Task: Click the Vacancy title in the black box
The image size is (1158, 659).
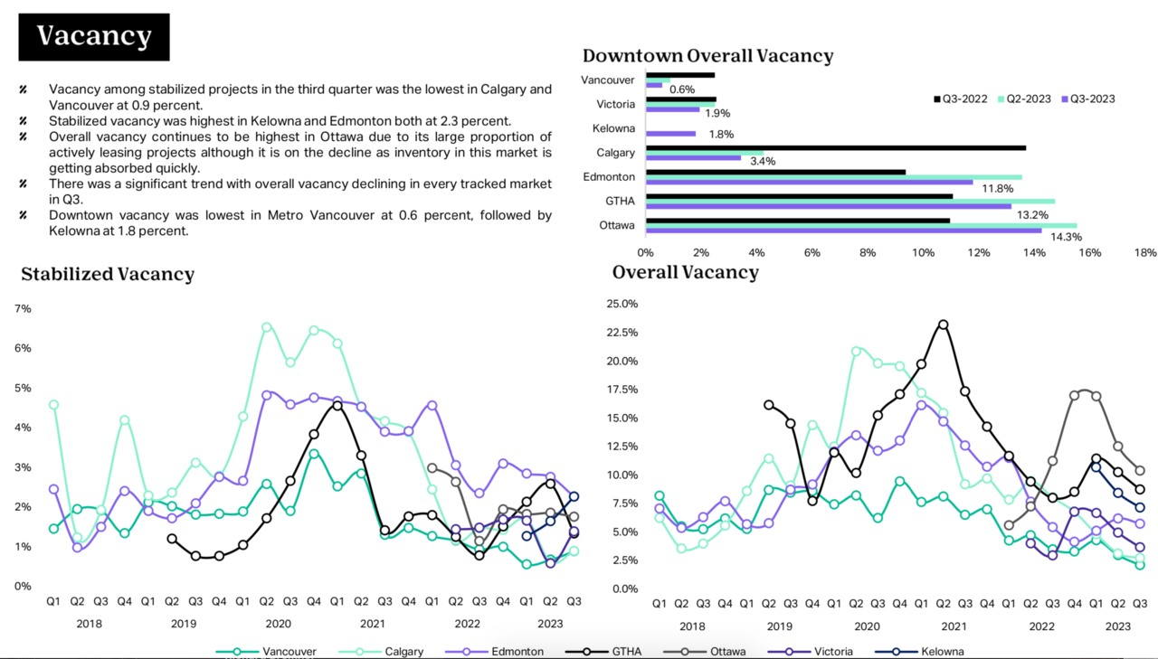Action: point(94,36)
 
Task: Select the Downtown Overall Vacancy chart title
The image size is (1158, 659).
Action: point(707,55)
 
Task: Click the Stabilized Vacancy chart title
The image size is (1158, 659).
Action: point(108,274)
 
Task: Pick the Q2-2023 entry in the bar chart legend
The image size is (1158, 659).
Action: point(1024,99)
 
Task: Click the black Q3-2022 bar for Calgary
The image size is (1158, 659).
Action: point(836,147)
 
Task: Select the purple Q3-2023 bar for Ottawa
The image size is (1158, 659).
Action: point(843,231)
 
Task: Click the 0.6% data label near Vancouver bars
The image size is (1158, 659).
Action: point(681,89)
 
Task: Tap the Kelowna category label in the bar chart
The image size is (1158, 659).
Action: point(613,128)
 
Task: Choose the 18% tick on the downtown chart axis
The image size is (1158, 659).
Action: point(1145,253)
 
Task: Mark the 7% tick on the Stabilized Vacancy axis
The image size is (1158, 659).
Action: point(23,308)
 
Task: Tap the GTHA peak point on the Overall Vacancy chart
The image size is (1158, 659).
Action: point(943,324)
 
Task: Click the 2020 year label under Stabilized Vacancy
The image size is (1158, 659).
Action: point(278,624)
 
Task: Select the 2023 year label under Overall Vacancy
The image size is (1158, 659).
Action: point(1117,626)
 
